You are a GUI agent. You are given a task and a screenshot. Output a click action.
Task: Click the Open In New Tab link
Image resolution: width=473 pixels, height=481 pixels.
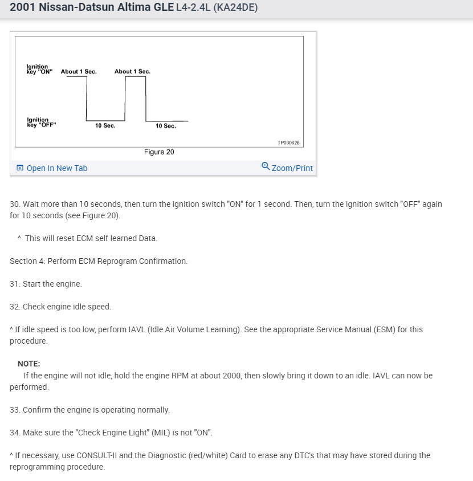click(56, 168)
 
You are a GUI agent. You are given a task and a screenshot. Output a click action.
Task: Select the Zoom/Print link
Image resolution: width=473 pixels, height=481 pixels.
click(292, 168)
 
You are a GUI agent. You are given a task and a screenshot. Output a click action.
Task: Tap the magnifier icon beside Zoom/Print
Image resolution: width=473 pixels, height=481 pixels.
click(266, 166)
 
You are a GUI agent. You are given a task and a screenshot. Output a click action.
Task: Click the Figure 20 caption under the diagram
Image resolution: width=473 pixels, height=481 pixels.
click(159, 152)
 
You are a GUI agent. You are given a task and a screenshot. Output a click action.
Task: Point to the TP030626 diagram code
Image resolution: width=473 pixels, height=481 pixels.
click(288, 142)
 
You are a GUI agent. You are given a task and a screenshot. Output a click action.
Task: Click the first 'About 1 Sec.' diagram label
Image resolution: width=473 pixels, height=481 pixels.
click(79, 72)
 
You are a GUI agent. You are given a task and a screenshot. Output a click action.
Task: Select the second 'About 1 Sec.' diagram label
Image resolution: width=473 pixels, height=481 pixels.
click(132, 72)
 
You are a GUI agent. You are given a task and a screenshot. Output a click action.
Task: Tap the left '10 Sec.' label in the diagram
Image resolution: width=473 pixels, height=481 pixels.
click(105, 125)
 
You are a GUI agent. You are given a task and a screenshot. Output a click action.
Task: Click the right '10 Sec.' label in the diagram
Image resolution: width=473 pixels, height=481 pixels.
click(166, 126)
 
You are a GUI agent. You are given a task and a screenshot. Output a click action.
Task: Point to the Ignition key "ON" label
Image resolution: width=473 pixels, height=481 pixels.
click(39, 70)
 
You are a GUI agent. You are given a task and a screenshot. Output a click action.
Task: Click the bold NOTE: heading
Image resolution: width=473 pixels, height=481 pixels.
click(29, 364)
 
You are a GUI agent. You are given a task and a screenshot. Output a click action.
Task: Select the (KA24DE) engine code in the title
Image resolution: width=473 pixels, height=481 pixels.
click(235, 9)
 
